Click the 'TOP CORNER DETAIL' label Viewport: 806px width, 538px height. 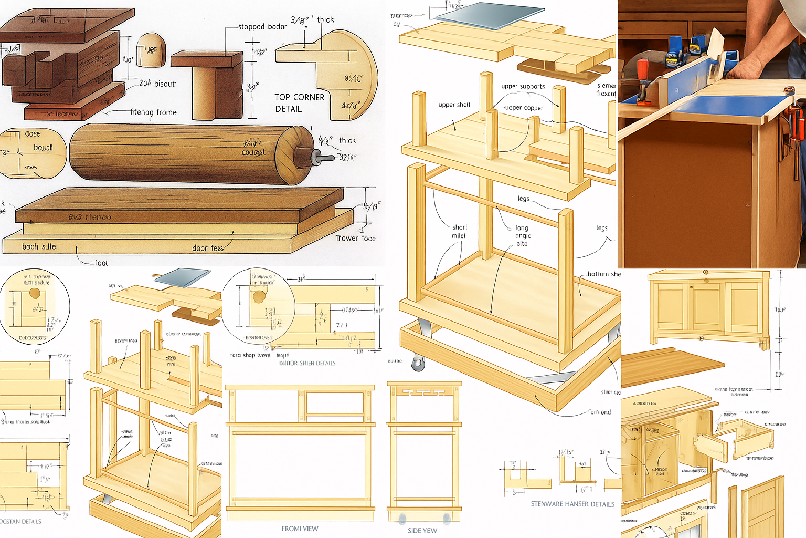tap(299, 103)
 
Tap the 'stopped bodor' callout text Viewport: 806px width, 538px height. tap(262, 27)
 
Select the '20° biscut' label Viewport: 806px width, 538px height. tap(157, 84)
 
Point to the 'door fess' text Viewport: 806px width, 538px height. tap(208, 248)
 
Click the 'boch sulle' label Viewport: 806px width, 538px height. tap(39, 246)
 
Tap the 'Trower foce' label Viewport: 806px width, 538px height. tap(355, 238)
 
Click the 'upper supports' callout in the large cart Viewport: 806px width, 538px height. tap(523, 86)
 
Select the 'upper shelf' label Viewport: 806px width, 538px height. tap(454, 105)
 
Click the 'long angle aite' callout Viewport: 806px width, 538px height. tap(522, 235)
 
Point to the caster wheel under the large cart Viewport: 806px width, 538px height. tap(418, 363)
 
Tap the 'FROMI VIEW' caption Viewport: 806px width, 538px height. tap(300, 529)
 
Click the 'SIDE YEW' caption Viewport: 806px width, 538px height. tap(422, 531)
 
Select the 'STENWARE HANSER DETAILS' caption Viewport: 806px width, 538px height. tap(572, 504)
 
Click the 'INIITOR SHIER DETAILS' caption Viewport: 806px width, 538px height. tap(307, 363)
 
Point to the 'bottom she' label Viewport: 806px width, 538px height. tap(603, 274)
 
